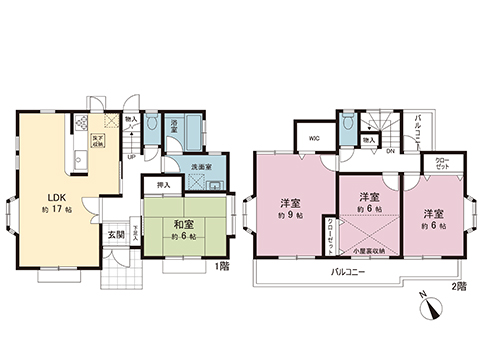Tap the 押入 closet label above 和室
pyautogui.click(x=164, y=185)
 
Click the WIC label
pyautogui.click(x=313, y=138)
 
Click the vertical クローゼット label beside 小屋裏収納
pyautogui.click(x=327, y=236)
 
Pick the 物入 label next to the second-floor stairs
pyautogui.click(x=369, y=141)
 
